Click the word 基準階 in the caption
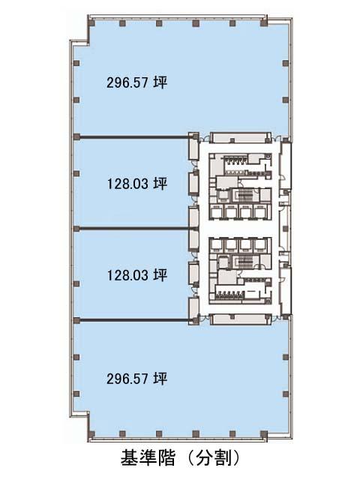pyautogui.click(x=148, y=458)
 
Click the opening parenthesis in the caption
pyautogui.click(x=190, y=458)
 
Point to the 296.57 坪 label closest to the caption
pyautogui.click(x=136, y=379)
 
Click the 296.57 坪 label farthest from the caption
pyautogui.click(x=136, y=82)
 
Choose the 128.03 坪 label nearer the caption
pyautogui.click(x=136, y=275)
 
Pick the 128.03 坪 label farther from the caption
pyautogui.click(x=136, y=184)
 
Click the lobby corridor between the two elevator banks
pyautogui.click(x=238, y=228)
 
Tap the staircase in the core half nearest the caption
pyautogui.click(x=244, y=262)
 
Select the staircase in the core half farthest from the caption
pyautogui.click(x=244, y=195)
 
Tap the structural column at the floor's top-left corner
pyautogui.click(x=91, y=23)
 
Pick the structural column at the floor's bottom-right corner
pyautogui.click(x=263, y=433)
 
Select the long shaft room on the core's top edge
pyautogui.click(x=241, y=137)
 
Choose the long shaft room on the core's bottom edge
pyautogui.click(x=241, y=319)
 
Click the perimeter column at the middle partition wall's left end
pyautogui.click(x=76, y=229)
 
